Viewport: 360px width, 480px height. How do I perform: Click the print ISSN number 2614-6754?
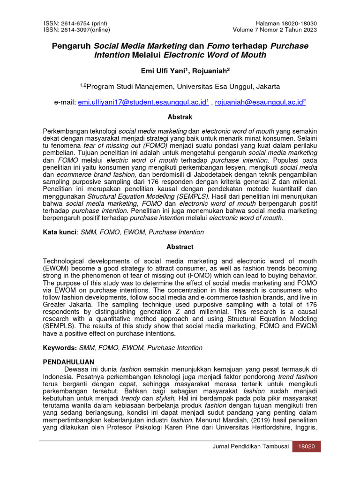tap(77, 23)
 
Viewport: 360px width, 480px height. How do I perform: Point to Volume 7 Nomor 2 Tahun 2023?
tap(275, 30)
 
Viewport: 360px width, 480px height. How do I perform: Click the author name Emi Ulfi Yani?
tap(157, 70)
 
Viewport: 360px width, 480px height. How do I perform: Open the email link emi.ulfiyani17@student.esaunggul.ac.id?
tap(143, 101)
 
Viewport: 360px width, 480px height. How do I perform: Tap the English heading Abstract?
tap(180, 247)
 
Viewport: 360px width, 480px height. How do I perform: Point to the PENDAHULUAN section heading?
tap(68, 362)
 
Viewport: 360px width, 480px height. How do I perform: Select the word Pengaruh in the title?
tap(71, 46)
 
